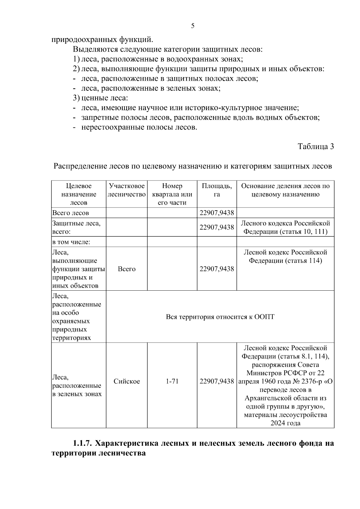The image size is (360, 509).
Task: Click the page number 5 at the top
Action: (193, 26)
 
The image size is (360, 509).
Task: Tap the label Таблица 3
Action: (316, 146)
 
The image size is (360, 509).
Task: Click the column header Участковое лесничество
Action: (127, 190)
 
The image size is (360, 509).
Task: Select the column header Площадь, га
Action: (217, 190)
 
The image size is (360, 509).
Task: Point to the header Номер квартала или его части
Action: (172, 194)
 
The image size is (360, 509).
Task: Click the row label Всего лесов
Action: (70, 213)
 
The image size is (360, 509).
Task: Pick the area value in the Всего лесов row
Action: (217, 213)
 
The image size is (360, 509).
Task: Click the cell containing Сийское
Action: (127, 382)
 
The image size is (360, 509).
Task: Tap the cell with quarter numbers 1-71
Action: (172, 382)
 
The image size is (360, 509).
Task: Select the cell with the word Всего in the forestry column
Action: (127, 269)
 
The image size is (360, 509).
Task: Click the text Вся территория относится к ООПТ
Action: (220, 317)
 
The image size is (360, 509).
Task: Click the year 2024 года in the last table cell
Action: (285, 423)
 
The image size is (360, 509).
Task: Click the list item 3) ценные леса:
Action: (100, 98)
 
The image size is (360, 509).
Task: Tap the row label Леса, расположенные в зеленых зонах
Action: (77, 386)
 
